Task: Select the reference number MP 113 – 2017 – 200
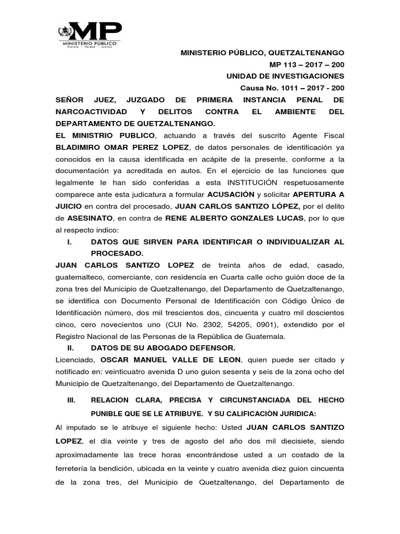pos(306,65)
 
